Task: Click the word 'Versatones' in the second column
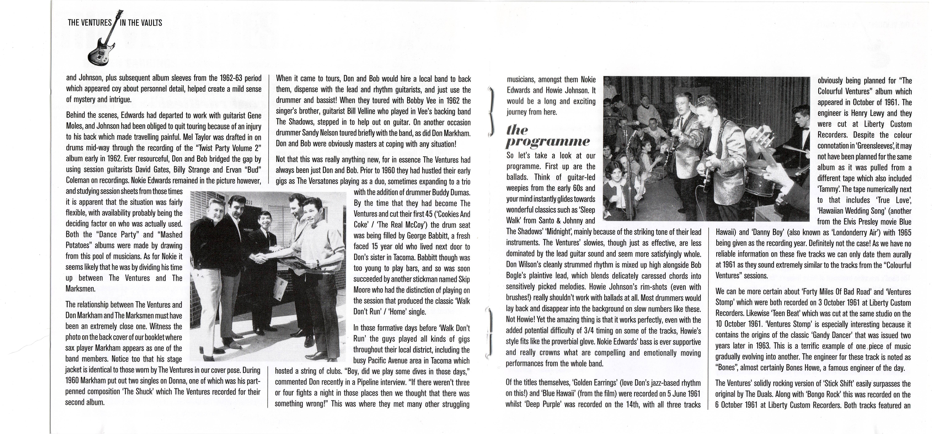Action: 324,181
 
